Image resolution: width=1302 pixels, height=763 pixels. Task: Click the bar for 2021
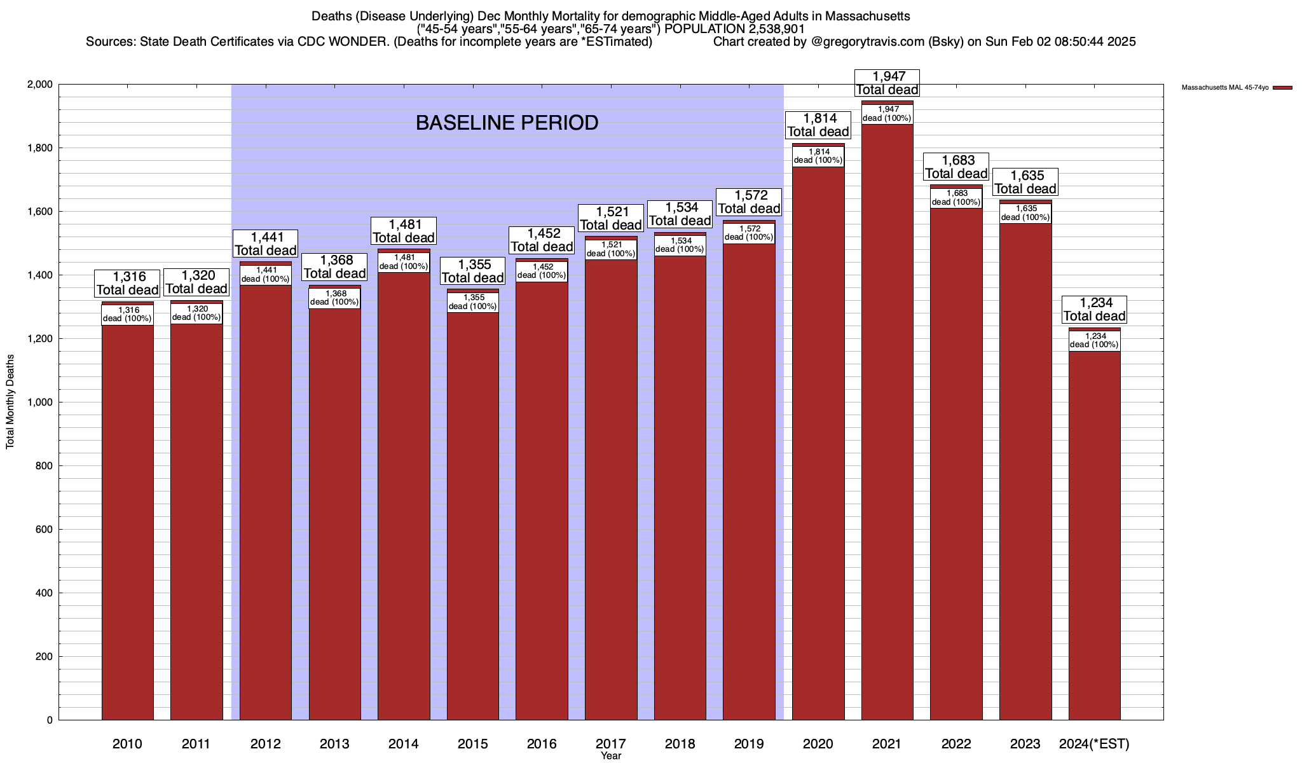pos(887,420)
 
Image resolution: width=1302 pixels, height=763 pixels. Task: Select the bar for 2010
pos(127,521)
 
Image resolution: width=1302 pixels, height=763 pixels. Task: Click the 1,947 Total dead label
pos(887,83)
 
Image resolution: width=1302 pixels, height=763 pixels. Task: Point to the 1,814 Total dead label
pos(818,125)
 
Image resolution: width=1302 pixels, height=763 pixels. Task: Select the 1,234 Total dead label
pos(1094,309)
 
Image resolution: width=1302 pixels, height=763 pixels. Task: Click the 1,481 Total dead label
pos(404,231)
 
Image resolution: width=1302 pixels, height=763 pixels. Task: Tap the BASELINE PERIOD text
pos(507,123)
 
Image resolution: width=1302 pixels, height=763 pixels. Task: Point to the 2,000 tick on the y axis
pos(40,85)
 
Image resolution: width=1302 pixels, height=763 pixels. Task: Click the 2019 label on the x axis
pos(749,744)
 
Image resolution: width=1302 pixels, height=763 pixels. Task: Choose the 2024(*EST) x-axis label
pos(1094,744)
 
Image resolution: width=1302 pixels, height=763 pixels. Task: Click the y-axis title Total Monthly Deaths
pos(10,402)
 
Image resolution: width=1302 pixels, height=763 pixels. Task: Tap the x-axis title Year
pos(611,756)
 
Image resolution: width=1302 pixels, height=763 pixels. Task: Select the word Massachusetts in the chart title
pos(864,16)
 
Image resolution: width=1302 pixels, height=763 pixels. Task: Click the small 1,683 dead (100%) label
pos(956,198)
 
